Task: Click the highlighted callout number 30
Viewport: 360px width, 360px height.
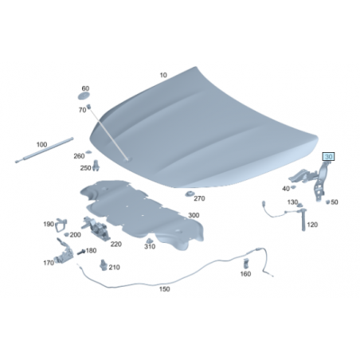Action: (x=328, y=157)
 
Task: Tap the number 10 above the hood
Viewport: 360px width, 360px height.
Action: (x=163, y=75)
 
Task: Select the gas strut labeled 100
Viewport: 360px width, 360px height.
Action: (x=44, y=150)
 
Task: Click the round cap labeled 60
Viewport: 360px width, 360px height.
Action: (x=84, y=96)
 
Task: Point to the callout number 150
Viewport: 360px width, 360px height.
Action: (x=164, y=289)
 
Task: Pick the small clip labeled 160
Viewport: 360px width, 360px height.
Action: (x=246, y=264)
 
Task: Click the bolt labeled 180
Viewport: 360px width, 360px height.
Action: (x=81, y=252)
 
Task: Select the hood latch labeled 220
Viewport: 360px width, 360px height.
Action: (x=96, y=229)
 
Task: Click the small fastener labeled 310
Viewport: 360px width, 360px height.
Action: (x=150, y=241)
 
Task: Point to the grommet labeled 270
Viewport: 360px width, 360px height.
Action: (x=190, y=194)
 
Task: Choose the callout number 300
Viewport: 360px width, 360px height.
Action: (x=194, y=215)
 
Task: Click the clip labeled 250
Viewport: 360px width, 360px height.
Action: (x=96, y=166)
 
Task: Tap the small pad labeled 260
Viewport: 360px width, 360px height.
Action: (x=88, y=151)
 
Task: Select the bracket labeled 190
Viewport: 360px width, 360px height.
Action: (x=61, y=225)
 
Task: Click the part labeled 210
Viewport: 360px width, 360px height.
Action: (x=104, y=265)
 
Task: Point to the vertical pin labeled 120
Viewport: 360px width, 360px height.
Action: (x=303, y=220)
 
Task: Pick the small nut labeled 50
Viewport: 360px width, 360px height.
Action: (x=327, y=202)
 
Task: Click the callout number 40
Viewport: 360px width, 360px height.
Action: (x=286, y=189)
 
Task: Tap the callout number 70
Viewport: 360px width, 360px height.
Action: (x=83, y=110)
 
